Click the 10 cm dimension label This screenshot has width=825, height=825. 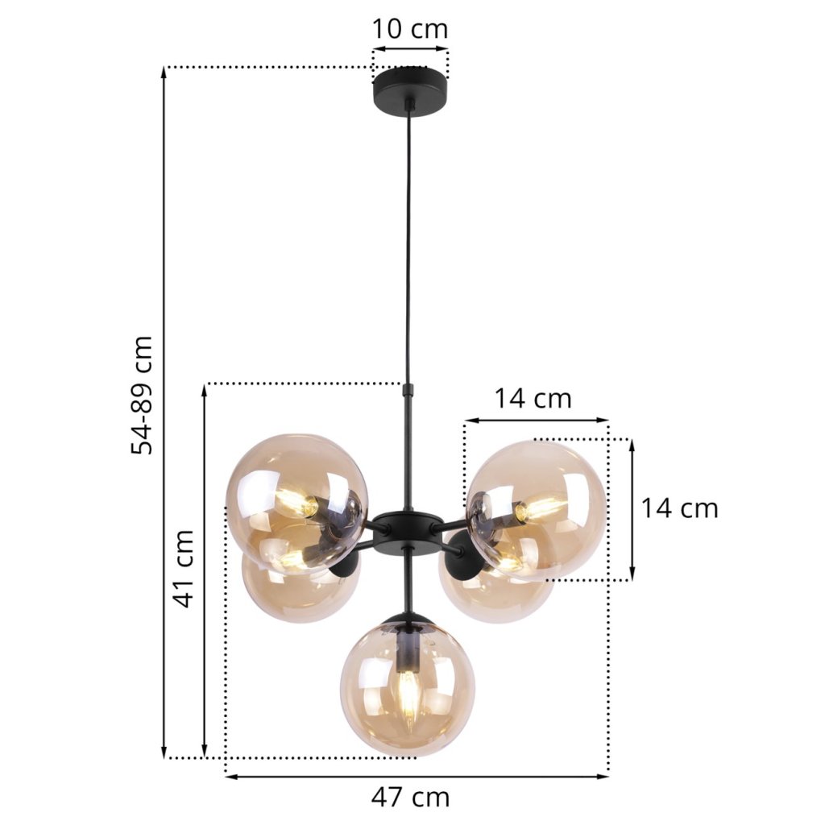click(x=410, y=29)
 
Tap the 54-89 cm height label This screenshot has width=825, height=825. click(x=142, y=395)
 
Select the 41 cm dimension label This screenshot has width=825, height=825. click(x=184, y=568)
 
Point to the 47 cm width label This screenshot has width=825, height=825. click(x=410, y=798)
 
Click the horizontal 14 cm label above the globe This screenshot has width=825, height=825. click(x=533, y=399)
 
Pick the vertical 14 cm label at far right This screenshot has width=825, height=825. click(x=679, y=508)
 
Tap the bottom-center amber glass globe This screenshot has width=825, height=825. click(x=408, y=686)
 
